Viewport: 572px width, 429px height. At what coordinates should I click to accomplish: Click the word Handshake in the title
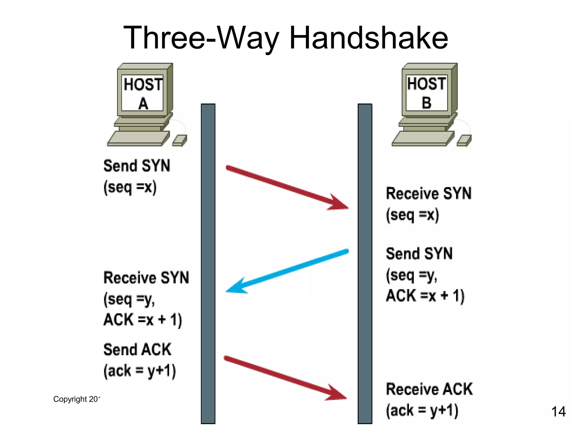click(x=369, y=38)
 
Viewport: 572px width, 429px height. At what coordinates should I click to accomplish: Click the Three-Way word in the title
click(x=201, y=38)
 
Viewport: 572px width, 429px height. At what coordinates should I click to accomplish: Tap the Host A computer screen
click(x=142, y=94)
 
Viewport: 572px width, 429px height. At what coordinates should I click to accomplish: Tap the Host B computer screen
click(x=426, y=93)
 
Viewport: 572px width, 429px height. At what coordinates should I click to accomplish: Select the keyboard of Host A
click(x=138, y=139)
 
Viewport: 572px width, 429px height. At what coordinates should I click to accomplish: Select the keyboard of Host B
click(x=423, y=139)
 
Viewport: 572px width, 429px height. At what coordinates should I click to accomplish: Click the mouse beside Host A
click(x=180, y=140)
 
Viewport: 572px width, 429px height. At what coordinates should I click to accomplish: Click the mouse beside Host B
click(x=464, y=140)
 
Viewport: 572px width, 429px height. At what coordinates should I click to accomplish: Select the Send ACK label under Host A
click(x=137, y=349)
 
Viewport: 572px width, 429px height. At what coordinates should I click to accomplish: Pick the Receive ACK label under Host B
click(x=429, y=389)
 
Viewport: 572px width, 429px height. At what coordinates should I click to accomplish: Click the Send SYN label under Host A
click(x=137, y=166)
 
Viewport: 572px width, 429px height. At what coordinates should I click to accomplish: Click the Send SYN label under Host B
click(x=419, y=254)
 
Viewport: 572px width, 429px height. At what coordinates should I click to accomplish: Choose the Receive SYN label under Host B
click(x=429, y=194)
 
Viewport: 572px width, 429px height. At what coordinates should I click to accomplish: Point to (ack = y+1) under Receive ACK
click(x=422, y=411)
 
